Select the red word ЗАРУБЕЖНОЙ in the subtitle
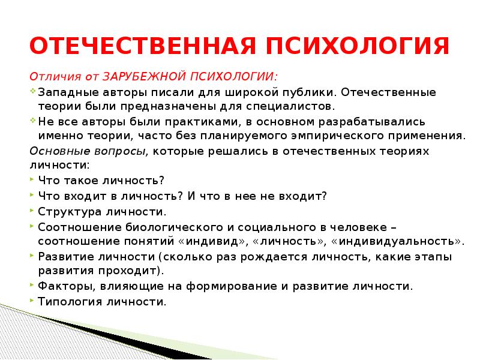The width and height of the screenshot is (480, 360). [145, 77]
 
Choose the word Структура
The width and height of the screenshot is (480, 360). [66, 212]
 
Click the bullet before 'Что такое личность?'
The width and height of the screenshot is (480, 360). [31, 179]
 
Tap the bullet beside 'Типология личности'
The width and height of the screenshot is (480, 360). [31, 301]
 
